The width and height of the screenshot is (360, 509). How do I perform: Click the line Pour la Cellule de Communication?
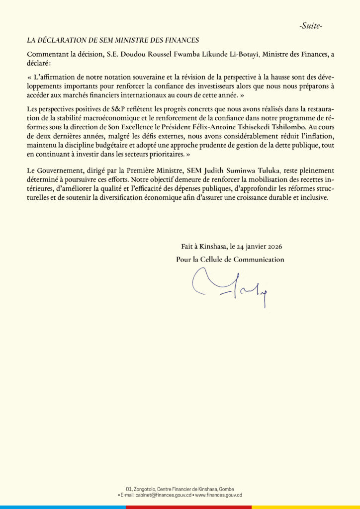(230, 259)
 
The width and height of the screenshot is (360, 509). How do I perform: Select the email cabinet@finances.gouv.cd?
(158, 495)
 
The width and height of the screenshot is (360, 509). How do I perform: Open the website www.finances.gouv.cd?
(218, 495)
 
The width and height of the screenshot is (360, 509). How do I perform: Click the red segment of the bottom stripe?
(188, 507)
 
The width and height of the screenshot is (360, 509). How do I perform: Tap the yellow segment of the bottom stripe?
(305, 507)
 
